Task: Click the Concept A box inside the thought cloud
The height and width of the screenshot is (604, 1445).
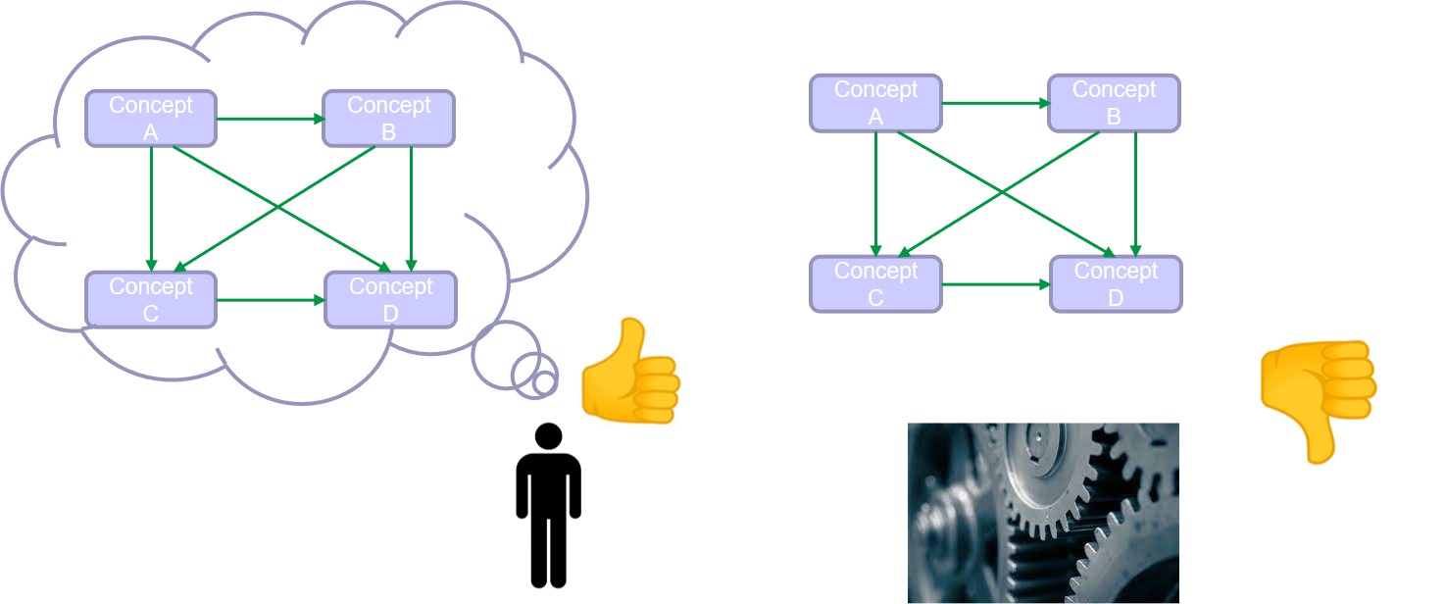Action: point(151,119)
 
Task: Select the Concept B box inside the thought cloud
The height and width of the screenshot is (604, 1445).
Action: point(388,119)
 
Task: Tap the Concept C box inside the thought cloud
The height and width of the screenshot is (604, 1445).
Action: point(151,300)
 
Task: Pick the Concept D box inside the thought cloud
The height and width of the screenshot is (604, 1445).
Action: point(390,300)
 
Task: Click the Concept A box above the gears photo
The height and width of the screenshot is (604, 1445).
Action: point(875,103)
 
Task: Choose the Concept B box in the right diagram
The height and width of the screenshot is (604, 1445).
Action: point(1114,103)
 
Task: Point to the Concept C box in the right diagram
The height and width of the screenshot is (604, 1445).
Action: point(875,284)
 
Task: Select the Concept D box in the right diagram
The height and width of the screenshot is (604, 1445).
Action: point(1116,284)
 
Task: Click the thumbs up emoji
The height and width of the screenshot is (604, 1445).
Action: point(630,371)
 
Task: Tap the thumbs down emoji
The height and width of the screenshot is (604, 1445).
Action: point(1319,401)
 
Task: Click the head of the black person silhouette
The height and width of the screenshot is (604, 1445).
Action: point(548,436)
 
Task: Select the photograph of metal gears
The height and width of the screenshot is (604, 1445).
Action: point(1043,513)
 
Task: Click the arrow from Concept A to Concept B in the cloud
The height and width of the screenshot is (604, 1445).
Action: point(270,119)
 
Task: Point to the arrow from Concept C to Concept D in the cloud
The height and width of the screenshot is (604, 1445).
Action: point(270,300)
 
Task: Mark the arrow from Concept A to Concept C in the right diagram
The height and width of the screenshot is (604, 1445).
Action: point(875,194)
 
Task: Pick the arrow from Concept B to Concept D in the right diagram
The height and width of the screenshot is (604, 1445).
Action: point(1135,194)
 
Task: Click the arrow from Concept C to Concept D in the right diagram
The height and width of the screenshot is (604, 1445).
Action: point(995,284)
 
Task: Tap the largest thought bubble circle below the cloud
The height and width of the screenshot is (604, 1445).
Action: point(507,355)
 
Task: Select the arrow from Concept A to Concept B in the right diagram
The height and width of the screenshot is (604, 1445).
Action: point(995,103)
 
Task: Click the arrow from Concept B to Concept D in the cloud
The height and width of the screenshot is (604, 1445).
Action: point(411,210)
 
